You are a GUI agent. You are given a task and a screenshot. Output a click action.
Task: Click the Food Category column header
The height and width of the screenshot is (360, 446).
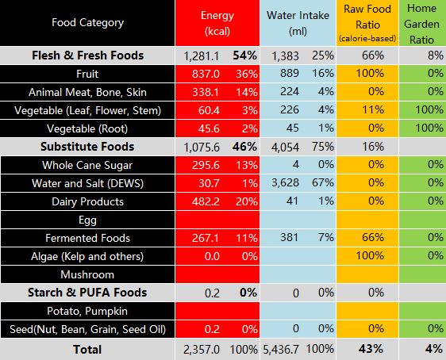coord(87,23)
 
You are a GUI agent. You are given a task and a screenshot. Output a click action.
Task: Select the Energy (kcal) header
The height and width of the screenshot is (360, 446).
coord(217,23)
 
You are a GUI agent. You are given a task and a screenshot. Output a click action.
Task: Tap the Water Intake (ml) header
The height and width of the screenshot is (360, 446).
coord(298,23)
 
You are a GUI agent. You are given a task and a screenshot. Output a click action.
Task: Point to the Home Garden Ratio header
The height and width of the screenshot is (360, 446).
coord(422,24)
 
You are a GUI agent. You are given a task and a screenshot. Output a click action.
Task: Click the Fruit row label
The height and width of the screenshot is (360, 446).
coord(87,74)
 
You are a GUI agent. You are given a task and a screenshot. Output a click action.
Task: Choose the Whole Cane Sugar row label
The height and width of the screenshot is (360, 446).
coord(87,166)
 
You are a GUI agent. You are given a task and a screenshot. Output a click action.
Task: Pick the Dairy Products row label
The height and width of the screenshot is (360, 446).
coord(87,201)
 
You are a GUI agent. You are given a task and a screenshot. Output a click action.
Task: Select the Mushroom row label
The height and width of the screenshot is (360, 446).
coord(87,274)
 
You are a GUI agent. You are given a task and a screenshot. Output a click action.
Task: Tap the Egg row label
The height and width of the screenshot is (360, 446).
coord(87,220)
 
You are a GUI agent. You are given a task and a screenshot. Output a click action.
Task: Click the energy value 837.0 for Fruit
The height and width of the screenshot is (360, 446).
coord(206,75)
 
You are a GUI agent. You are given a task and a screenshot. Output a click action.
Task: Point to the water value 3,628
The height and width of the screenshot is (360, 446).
coord(285,183)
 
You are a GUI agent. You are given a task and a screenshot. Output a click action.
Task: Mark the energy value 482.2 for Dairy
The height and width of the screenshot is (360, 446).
coord(206,201)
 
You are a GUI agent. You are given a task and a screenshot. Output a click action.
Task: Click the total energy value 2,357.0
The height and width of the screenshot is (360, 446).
coord(202,350)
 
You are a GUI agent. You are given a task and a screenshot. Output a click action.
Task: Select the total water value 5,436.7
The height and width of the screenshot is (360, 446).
coord(281,350)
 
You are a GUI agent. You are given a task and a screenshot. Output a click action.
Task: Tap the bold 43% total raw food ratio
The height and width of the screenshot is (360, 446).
coord(371,349)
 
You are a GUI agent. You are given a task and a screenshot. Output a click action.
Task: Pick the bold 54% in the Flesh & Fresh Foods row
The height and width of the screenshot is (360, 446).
coord(244,56)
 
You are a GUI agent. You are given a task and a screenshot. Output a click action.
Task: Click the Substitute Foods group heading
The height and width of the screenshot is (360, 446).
coord(87,147)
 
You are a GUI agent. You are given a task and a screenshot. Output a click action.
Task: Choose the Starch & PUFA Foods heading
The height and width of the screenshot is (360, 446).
coord(87,293)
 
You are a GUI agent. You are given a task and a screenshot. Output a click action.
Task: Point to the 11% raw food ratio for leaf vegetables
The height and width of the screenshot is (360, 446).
coord(373,110)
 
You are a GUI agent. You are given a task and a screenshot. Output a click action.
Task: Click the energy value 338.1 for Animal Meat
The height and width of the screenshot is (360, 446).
coord(206,92)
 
